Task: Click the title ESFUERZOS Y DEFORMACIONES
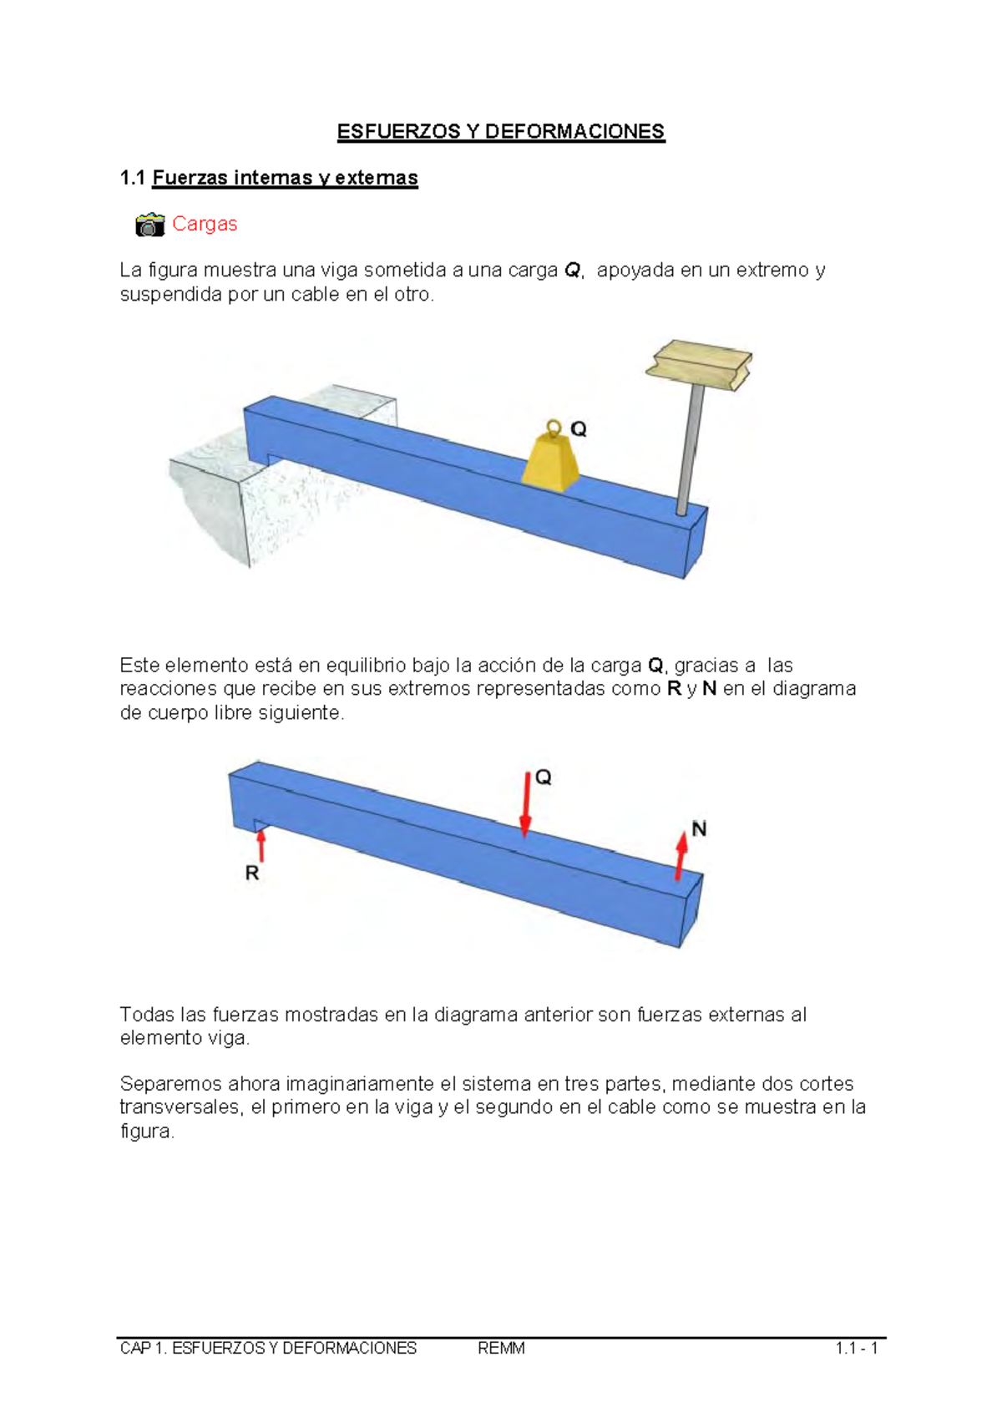501,132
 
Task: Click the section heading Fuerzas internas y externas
285,178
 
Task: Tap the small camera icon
150,225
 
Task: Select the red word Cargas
205,224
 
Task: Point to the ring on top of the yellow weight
553,428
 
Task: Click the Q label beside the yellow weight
579,429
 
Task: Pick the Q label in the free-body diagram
544,777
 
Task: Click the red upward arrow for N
681,854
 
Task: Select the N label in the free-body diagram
700,828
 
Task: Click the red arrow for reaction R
261,844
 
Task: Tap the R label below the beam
252,874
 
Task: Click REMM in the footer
501,1349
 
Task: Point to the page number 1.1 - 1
856,1349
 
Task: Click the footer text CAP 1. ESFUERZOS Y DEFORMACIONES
268,1349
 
